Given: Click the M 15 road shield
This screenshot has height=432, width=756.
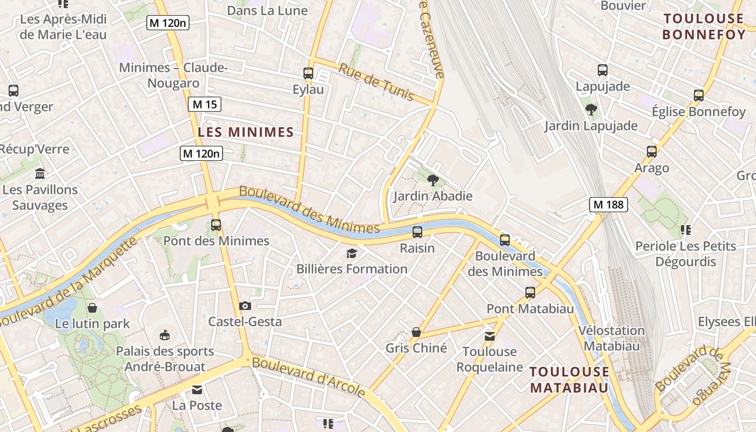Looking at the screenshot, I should tap(205, 104).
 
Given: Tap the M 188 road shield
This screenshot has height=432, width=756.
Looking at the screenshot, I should tap(608, 204).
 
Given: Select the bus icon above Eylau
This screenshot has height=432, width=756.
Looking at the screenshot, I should tap(308, 73).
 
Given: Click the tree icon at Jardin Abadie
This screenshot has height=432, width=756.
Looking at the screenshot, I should tap(432, 180).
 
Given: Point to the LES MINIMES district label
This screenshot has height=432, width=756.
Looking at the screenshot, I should tap(246, 132).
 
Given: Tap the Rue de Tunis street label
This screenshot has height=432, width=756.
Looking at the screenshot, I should tap(376, 82).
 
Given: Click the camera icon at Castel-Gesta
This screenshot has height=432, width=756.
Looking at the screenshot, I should tap(245, 306).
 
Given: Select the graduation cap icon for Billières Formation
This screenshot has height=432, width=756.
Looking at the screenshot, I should tap(352, 253).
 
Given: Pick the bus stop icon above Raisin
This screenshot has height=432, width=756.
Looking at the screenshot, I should tap(417, 232).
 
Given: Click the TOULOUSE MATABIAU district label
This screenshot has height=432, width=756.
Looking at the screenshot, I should tap(569, 380).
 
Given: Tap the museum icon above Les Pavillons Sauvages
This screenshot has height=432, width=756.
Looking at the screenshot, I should tap(40, 174).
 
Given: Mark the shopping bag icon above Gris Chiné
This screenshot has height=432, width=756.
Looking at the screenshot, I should tap(416, 332).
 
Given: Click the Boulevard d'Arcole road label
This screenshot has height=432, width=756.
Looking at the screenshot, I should tap(308, 376).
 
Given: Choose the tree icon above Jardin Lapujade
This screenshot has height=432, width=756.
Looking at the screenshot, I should tap(591, 110).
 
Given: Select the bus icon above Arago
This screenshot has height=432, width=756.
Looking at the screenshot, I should tap(652, 152).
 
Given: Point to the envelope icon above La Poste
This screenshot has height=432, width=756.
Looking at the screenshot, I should tap(197, 389).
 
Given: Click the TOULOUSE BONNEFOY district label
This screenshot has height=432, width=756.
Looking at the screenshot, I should tap(703, 26).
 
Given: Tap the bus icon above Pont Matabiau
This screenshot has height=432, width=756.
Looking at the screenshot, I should tap(530, 293).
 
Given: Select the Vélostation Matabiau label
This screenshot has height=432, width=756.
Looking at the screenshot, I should tap(611, 338).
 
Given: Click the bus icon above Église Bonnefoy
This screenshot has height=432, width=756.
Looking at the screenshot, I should tap(699, 96).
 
